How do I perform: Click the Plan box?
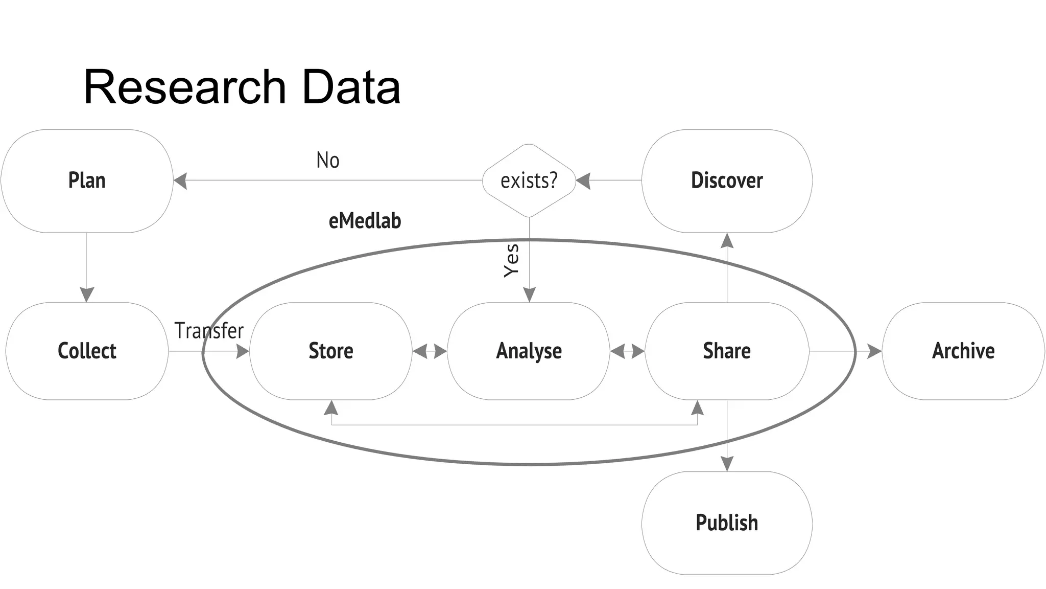click(87, 181)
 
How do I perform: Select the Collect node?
click(87, 351)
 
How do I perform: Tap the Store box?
click(330, 351)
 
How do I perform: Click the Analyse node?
click(529, 351)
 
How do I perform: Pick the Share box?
click(727, 351)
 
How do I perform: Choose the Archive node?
click(963, 351)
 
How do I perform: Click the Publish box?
click(727, 523)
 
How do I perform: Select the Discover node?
click(727, 181)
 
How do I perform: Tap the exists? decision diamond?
click(529, 181)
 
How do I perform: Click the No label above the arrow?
click(327, 161)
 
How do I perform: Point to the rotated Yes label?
click(511, 261)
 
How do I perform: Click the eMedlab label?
click(365, 221)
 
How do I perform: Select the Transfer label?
click(209, 331)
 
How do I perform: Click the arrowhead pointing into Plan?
click(180, 181)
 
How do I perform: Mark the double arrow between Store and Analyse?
click(430, 351)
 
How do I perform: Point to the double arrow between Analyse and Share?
click(627, 351)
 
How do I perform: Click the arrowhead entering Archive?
click(874, 351)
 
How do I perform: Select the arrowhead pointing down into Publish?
click(727, 463)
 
